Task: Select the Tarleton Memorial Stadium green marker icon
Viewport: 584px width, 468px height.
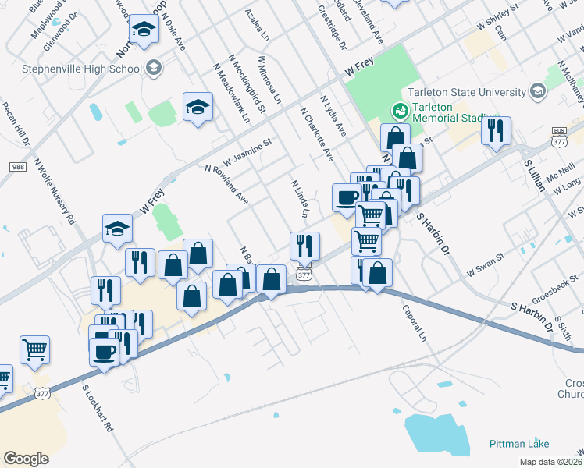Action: point(400,111)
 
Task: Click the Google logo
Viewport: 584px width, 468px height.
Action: point(26,458)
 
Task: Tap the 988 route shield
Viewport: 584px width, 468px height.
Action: point(18,167)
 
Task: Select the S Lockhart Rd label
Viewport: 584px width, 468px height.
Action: point(98,407)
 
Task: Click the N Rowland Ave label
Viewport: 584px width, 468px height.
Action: point(226,185)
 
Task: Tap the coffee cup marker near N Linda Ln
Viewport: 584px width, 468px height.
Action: point(347,197)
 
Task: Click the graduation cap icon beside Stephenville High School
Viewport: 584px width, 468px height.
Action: point(153,68)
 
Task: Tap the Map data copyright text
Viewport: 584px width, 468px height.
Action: point(549,462)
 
